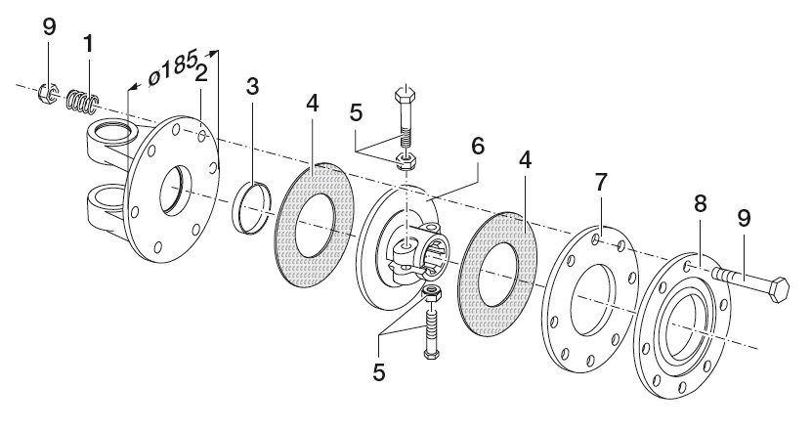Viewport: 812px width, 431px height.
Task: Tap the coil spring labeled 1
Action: tap(83, 102)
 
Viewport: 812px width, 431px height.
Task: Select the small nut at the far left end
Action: tap(48, 93)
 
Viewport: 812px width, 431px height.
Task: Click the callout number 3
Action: tap(252, 87)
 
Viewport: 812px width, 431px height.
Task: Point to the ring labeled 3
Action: tap(252, 208)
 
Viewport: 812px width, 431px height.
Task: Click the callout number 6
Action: tap(478, 147)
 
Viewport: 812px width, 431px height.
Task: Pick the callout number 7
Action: tap(600, 183)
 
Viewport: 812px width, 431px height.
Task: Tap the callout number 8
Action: tap(701, 204)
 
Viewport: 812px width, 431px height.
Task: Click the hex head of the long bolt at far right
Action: tap(779, 289)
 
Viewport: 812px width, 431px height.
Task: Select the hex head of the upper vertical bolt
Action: tap(405, 94)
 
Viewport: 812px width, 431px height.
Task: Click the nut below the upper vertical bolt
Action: tap(406, 161)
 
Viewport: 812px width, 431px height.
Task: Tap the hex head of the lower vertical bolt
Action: tap(431, 354)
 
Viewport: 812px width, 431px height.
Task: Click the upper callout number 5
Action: tap(357, 113)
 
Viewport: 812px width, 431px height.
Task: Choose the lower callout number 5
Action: tap(379, 372)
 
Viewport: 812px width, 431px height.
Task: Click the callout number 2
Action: tap(201, 73)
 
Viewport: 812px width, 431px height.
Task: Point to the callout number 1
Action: tap(89, 44)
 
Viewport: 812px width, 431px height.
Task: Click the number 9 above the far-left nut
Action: tap(49, 27)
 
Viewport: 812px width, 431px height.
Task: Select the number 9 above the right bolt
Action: tap(744, 219)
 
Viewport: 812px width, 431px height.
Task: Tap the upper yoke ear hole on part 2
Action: tap(113, 131)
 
